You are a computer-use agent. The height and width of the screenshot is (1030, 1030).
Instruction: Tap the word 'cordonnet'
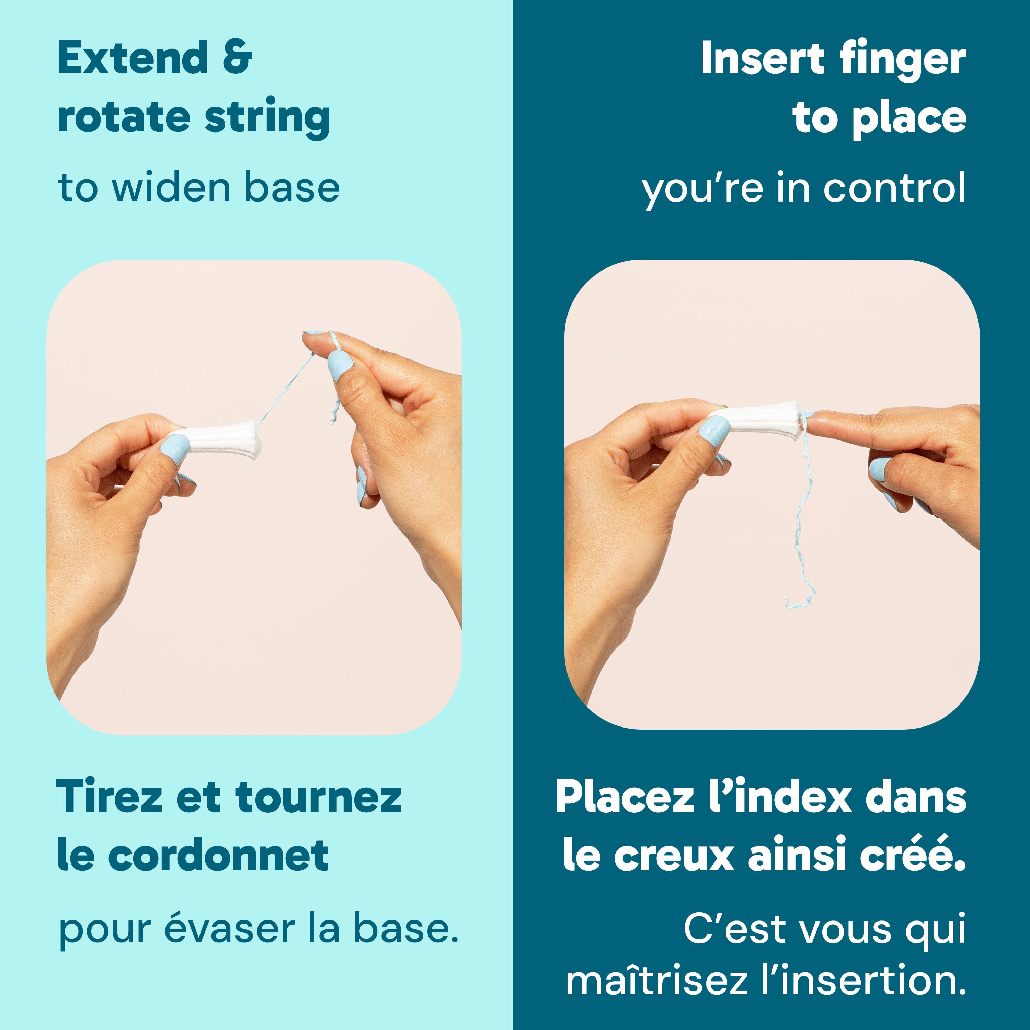pyautogui.click(x=219, y=855)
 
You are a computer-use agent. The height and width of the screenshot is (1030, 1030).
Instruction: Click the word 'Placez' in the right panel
pyautogui.click(x=624, y=797)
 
